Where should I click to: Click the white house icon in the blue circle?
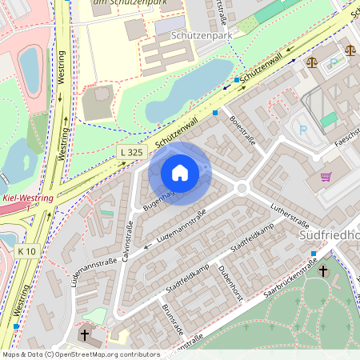pos(180,172)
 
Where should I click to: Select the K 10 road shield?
pos(26,250)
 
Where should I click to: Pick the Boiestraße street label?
pos(242,130)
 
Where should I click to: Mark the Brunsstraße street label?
pos(172,320)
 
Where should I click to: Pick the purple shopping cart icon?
pos(326,177)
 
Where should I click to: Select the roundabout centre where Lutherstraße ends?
pos(242,189)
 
